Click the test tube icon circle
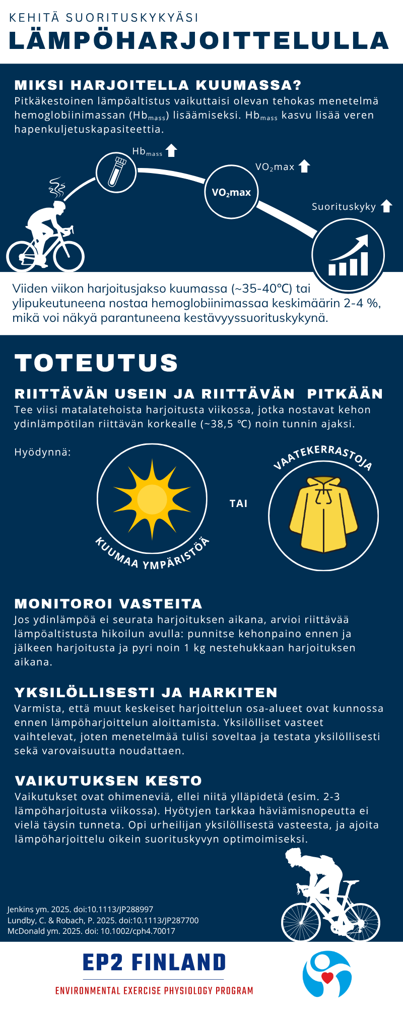pyautogui.click(x=116, y=172)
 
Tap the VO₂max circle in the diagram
pyautogui.click(x=231, y=192)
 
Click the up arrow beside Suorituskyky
pyautogui.click(x=386, y=206)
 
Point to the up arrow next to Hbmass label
pyautogui.click(x=171, y=150)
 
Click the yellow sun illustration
pyautogui.click(x=152, y=498)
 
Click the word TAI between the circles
pyautogui.click(x=238, y=503)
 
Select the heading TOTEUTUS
pyautogui.click(x=96, y=362)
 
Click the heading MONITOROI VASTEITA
pyautogui.click(x=108, y=603)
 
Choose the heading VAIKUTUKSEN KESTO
pyautogui.click(x=108, y=780)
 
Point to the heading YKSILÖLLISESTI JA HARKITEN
pyautogui.click(x=146, y=692)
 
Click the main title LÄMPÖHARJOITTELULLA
pyautogui.click(x=199, y=41)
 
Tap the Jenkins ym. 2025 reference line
pyautogui.click(x=80, y=909)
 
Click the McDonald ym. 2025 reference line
pyautogui.click(x=91, y=931)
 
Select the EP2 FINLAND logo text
pyautogui.click(x=154, y=963)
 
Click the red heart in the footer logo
pyautogui.click(x=327, y=978)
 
